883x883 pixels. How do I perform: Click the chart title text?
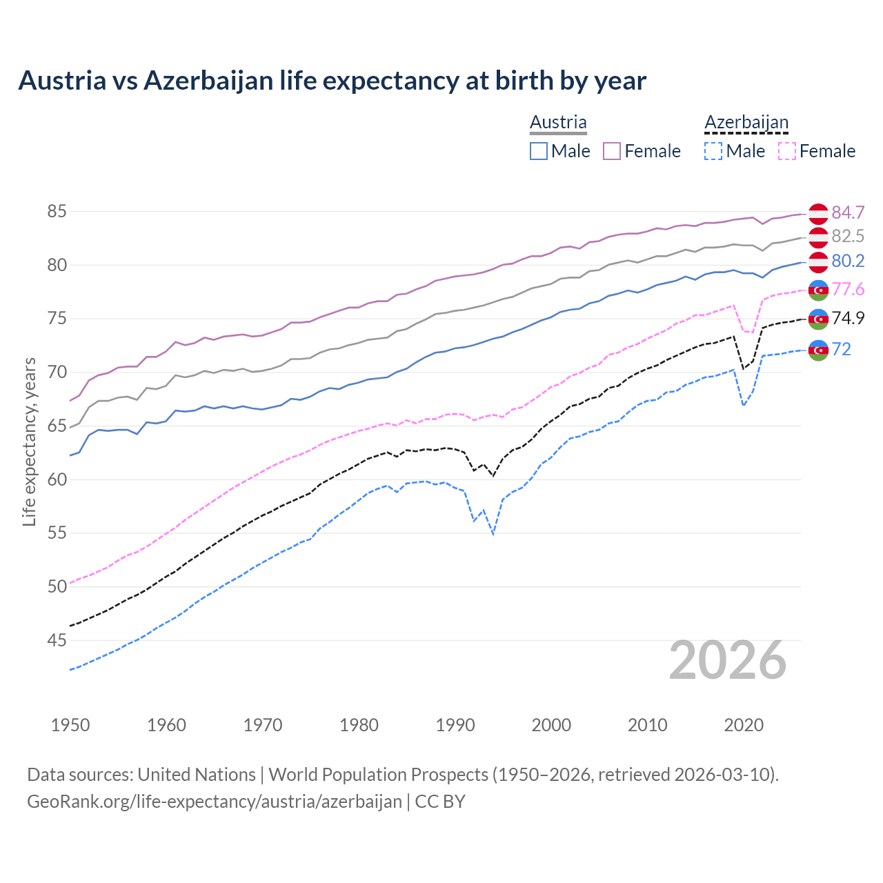(x=332, y=81)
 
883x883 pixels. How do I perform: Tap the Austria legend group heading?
(x=558, y=122)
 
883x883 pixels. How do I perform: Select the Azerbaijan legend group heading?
(x=746, y=122)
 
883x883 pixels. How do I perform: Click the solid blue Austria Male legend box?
(x=539, y=151)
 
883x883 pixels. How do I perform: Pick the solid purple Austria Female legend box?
(x=612, y=151)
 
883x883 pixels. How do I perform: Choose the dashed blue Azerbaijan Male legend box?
(x=713, y=151)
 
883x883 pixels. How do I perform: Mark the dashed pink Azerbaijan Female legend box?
(x=786, y=151)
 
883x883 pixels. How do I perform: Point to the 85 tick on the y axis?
(x=57, y=212)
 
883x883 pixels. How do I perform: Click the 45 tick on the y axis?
(x=57, y=641)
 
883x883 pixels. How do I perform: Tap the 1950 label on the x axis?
(x=70, y=725)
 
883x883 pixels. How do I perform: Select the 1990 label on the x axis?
(x=455, y=725)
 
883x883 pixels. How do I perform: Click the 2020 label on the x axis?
(x=744, y=725)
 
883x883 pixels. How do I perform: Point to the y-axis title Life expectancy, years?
(x=29, y=441)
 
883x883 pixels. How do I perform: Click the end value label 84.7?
(x=848, y=212)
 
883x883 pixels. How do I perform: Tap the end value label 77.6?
(x=848, y=289)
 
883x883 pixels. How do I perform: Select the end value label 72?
(x=842, y=350)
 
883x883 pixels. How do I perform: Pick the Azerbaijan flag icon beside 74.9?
(x=818, y=319)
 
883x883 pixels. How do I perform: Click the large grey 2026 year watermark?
(x=727, y=660)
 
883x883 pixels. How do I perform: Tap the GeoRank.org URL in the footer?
(x=214, y=802)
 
